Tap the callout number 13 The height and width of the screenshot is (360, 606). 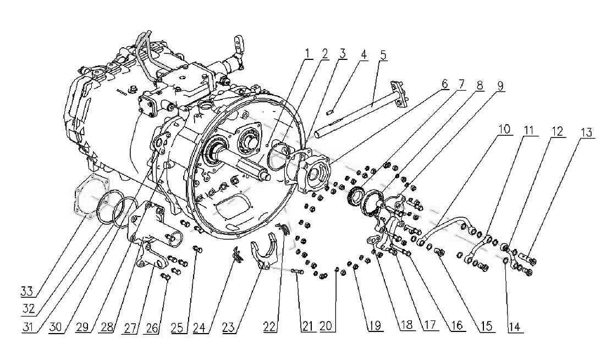pyautogui.click(x=587, y=132)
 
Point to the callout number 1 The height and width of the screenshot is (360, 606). pyautogui.click(x=307, y=53)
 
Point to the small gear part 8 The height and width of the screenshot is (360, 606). pyautogui.click(x=356, y=197)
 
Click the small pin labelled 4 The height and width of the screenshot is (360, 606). pyautogui.click(x=330, y=112)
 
